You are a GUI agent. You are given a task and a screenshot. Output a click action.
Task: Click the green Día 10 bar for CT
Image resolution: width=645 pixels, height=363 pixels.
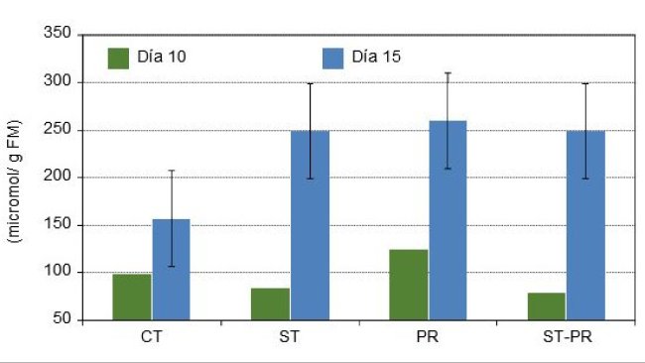pyautogui.click(x=132, y=297)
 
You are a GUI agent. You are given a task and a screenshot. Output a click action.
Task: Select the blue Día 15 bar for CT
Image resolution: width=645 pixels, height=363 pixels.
pyautogui.click(x=171, y=269)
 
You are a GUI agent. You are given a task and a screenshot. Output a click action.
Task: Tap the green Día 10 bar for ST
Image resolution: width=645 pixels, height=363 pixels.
pyautogui.click(x=270, y=303)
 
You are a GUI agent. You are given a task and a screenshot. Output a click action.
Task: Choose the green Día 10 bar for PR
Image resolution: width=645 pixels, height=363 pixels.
pyautogui.click(x=409, y=285)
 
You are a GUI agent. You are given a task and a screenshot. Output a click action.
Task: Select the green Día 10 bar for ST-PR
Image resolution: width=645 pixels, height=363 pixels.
pyautogui.click(x=547, y=305)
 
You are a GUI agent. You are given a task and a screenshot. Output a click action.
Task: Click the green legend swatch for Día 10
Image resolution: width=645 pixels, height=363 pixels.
pyautogui.click(x=119, y=56)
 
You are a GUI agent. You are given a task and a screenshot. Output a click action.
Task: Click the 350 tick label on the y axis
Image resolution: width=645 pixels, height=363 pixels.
pyautogui.click(x=58, y=35)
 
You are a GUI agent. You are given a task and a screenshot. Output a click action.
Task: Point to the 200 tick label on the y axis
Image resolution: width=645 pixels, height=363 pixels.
pyautogui.click(x=58, y=178)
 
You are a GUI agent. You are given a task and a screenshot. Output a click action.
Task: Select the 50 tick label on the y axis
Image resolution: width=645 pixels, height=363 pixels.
pyautogui.click(x=62, y=320)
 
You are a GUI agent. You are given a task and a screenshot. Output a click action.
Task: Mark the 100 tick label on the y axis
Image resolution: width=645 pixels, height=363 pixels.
pyautogui.click(x=58, y=273)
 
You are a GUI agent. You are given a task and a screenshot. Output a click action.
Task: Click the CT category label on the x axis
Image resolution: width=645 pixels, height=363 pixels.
pyautogui.click(x=152, y=337)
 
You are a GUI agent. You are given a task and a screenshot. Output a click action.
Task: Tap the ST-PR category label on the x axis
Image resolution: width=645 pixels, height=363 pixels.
pyautogui.click(x=566, y=337)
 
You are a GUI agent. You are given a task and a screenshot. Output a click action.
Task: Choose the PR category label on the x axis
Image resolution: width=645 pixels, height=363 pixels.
pyautogui.click(x=429, y=337)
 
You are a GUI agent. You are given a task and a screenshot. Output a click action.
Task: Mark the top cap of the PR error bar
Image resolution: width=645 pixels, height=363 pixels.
pyautogui.click(x=448, y=72)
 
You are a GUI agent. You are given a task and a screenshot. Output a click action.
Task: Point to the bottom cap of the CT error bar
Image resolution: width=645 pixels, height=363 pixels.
pyautogui.click(x=171, y=266)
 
